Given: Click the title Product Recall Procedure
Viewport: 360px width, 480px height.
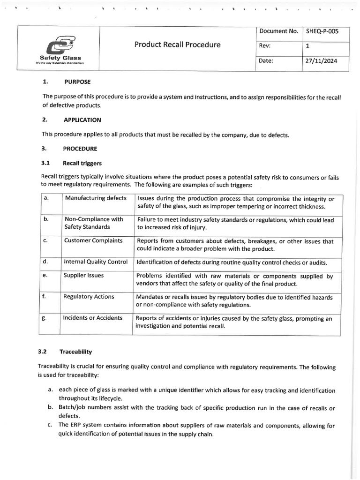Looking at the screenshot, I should click(x=177, y=45).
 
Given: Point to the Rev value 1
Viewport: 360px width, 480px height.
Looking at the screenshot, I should click(x=307, y=46).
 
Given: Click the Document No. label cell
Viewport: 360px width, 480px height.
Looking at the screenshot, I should click(x=278, y=31).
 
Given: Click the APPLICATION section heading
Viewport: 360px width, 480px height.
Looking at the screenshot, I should click(x=82, y=120).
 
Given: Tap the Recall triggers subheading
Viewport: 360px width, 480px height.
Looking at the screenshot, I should click(x=82, y=163).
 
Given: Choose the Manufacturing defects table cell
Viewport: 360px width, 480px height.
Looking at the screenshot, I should click(x=96, y=198).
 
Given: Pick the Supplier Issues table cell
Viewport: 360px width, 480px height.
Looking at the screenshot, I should click(x=84, y=276).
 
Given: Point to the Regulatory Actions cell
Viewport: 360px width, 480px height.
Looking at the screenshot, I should click(x=89, y=297).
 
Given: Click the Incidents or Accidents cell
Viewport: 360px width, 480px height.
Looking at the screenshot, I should click(x=93, y=318).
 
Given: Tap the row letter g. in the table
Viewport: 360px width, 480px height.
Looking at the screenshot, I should click(x=45, y=318).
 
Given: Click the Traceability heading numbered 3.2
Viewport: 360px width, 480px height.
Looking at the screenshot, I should click(x=75, y=351).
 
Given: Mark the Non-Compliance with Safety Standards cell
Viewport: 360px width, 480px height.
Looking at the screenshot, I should click(x=94, y=223).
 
